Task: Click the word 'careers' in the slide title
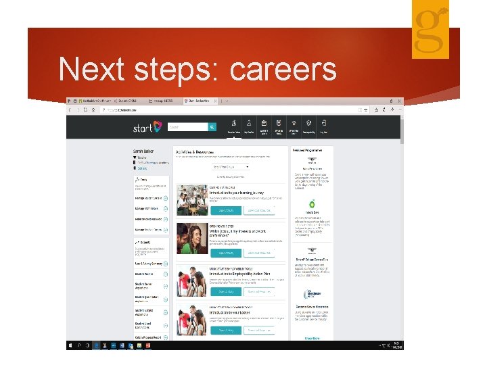click(284, 70)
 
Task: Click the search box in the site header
click(187, 126)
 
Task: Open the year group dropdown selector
click(231, 166)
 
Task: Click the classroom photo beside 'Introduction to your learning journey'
click(191, 200)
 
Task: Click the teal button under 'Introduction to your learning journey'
click(225, 211)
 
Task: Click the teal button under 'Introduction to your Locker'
click(225, 331)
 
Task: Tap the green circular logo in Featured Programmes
click(312, 204)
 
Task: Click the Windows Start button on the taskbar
click(70, 345)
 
